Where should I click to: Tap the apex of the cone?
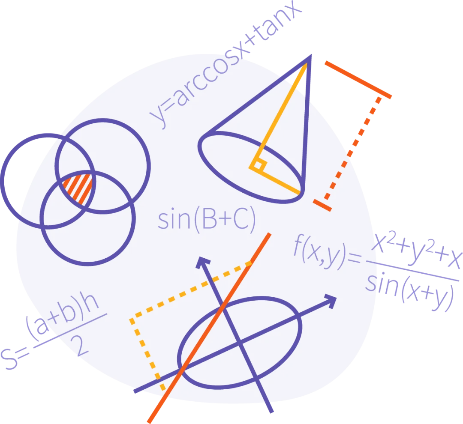coord(310,57)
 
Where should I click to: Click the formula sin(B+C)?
coord(207,219)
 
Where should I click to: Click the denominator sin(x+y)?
coord(409,290)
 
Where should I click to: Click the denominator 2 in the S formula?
coord(79,346)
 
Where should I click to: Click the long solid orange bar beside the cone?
coord(358,80)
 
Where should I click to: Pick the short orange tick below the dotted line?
coord(322,205)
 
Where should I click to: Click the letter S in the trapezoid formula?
coord(9,359)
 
